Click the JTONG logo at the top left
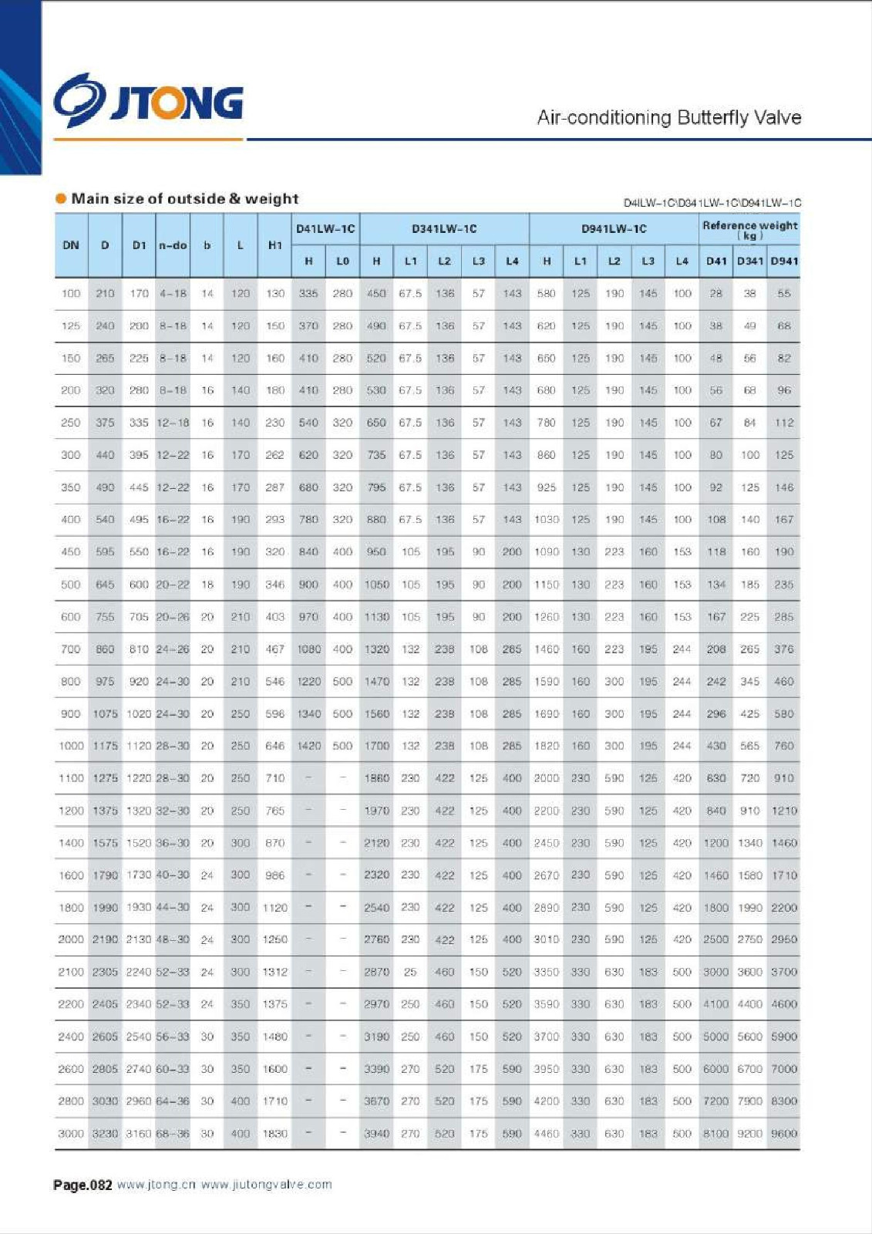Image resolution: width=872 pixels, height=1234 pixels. [x=149, y=100]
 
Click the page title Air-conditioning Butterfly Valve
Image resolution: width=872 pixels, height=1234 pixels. [x=668, y=118]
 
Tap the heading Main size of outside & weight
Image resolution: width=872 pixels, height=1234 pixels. [x=184, y=199]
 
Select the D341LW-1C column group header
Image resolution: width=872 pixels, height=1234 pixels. [x=444, y=229]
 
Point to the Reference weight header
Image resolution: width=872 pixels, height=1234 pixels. [x=749, y=229]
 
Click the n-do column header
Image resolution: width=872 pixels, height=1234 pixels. [x=173, y=245]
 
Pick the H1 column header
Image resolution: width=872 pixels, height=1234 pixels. [x=274, y=245]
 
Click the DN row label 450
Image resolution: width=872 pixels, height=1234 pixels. [x=71, y=552]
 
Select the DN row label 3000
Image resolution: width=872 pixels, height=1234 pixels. [x=71, y=1134]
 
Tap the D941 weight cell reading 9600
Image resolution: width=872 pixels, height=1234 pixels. [x=784, y=1134]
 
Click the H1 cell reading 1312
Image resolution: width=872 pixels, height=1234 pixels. [x=274, y=973]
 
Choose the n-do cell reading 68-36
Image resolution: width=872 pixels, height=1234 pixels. [x=173, y=1134]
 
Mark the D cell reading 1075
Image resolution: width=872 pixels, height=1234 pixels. [x=105, y=714]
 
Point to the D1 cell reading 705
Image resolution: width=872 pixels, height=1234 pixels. [x=139, y=617]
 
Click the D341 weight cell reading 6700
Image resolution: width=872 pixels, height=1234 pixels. [x=749, y=1069]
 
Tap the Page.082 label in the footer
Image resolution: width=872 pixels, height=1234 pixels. [x=82, y=1185]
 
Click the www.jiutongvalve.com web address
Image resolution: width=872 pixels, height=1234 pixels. [x=267, y=1185]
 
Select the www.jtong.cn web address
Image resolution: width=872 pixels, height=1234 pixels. [x=157, y=1185]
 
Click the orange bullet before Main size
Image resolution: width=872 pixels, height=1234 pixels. [x=61, y=199]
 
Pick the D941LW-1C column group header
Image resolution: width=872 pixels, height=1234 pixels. [x=614, y=229]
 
